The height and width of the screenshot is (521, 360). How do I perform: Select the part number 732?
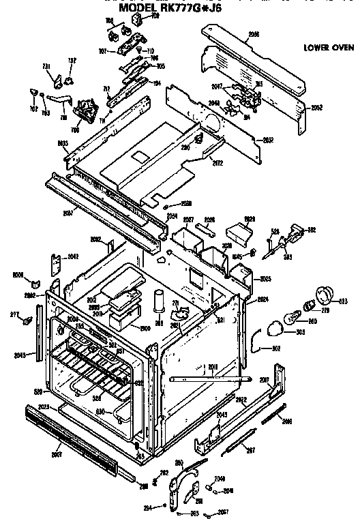[71, 61]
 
